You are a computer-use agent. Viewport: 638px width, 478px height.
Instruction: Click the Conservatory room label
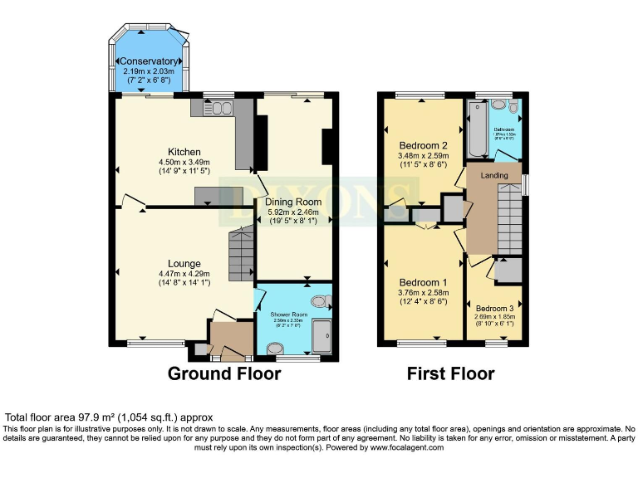click(x=150, y=61)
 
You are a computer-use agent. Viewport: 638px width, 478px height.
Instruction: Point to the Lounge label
click(x=184, y=263)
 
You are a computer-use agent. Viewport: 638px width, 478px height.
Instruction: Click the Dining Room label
click(x=292, y=202)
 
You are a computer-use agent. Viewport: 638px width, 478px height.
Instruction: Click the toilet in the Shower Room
click(x=319, y=302)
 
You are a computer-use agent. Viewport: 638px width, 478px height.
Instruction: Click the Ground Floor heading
click(x=224, y=373)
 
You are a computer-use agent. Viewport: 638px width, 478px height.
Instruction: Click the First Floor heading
click(x=450, y=373)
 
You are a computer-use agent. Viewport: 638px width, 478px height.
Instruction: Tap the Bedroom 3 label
click(x=494, y=308)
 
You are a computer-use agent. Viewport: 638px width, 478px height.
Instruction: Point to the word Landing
click(x=494, y=175)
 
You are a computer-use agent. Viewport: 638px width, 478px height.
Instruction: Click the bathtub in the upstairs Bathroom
click(x=478, y=129)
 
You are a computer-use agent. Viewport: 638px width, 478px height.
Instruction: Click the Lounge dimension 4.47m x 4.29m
click(x=184, y=274)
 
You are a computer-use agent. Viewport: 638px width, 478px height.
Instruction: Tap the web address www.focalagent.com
click(x=397, y=446)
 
